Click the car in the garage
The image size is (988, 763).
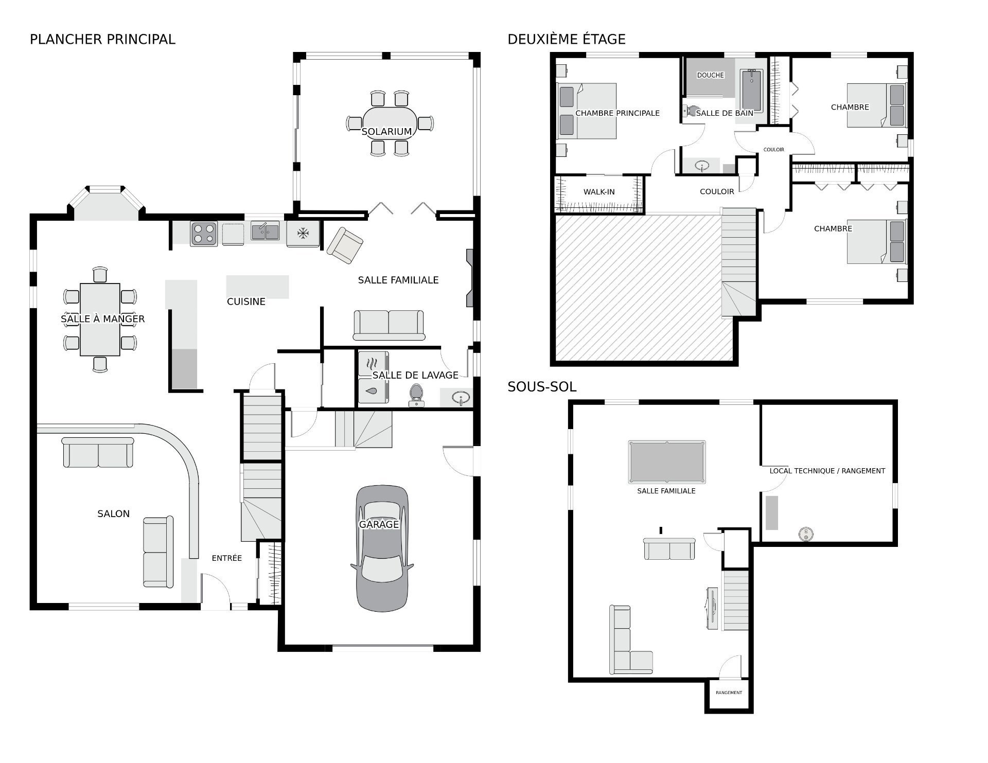coord(382,548)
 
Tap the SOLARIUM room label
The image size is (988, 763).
coord(386,132)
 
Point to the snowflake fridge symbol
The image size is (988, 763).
coord(303,234)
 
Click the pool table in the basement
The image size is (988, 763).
coord(666,462)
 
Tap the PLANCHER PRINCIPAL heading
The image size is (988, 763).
coord(102,40)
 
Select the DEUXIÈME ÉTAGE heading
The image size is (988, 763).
coord(567,39)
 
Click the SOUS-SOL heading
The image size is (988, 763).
coord(542,387)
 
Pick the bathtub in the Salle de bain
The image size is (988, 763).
coord(752,91)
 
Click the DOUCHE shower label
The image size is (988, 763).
coord(710,75)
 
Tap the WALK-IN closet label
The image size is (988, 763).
coord(599,192)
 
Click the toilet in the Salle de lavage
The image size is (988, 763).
coord(416,395)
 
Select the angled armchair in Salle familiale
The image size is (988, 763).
coord(345,245)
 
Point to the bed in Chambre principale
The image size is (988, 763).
coord(587,111)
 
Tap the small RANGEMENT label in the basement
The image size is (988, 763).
coord(729,693)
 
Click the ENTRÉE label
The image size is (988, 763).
coord(227,558)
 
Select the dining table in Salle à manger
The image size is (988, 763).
coord(100,320)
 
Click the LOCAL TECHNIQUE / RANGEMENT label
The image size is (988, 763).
coord(827,471)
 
